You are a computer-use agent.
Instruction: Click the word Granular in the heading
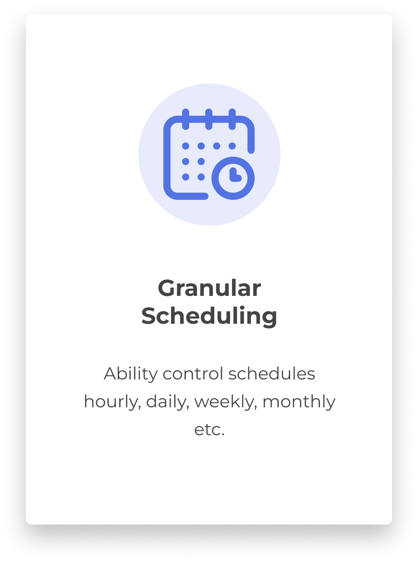tap(209, 288)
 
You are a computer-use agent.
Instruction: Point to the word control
tap(193, 374)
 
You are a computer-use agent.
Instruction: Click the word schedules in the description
tap(272, 374)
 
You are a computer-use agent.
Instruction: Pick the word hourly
tap(112, 402)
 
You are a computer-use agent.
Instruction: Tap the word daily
tap(167, 402)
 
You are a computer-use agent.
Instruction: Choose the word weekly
tap(225, 402)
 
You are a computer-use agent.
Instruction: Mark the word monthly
tap(299, 402)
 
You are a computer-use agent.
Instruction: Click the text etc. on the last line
tap(209, 429)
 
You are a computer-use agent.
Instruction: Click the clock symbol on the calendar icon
tap(233, 178)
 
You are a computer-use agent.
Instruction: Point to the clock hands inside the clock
tap(235, 174)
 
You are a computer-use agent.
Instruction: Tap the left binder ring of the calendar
tap(186, 119)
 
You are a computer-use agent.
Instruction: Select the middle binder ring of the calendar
tap(209, 119)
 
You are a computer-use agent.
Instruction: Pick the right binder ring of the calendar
tap(232, 119)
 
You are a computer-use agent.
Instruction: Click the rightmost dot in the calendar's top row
tap(232, 146)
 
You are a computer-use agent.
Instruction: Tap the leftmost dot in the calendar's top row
tap(186, 146)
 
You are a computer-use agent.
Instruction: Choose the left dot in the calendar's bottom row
tap(186, 177)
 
